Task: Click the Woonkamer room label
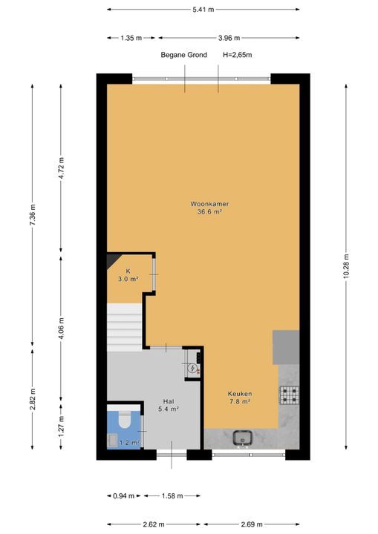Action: click(x=209, y=204)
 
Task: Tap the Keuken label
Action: click(x=240, y=394)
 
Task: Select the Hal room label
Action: click(x=169, y=401)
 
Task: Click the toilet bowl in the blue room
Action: click(x=124, y=420)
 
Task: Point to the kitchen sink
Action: click(x=242, y=438)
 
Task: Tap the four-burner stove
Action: click(x=290, y=395)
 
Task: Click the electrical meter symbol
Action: click(x=192, y=368)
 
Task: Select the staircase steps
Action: click(x=125, y=327)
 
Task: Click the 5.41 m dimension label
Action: click(x=203, y=10)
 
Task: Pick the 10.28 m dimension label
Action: click(x=346, y=266)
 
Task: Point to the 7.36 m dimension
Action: click(x=33, y=214)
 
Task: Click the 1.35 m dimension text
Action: click(x=131, y=38)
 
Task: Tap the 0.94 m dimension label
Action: click(x=124, y=496)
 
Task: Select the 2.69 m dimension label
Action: click(x=252, y=524)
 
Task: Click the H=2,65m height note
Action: click(x=238, y=55)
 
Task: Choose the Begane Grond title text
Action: click(x=184, y=55)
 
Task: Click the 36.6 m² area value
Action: click(x=209, y=212)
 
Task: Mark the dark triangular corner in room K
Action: click(x=111, y=260)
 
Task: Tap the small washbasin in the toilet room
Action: click(x=112, y=441)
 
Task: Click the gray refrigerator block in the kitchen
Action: click(x=286, y=347)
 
